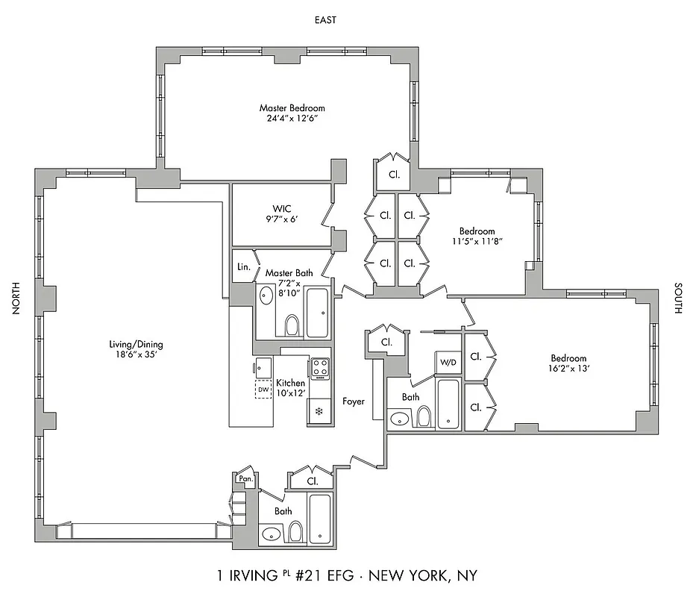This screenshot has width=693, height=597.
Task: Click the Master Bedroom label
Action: (292, 108)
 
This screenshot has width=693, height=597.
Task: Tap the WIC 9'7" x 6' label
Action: (280, 213)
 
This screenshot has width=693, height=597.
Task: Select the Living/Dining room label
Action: (136, 344)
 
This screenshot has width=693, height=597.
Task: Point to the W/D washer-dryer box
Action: (448, 362)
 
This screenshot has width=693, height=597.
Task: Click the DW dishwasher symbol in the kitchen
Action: (263, 389)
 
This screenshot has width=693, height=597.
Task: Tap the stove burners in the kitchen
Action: (320, 367)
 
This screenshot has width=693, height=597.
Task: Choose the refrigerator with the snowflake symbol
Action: (319, 411)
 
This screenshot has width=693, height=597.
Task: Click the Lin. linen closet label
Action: (243, 266)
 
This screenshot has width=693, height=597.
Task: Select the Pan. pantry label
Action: (245, 478)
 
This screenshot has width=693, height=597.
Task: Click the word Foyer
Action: (354, 401)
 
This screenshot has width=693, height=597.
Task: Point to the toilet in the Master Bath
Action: (292, 325)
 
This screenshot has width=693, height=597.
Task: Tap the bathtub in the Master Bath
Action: (316, 312)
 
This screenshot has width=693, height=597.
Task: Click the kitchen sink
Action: (263, 366)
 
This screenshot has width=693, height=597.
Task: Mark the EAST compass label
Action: (324, 20)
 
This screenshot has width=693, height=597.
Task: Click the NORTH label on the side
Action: (16, 298)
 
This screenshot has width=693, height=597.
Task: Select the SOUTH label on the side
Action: (678, 298)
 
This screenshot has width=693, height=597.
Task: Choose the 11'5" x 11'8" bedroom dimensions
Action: (477, 242)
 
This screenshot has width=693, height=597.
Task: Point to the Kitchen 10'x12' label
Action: (290, 388)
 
